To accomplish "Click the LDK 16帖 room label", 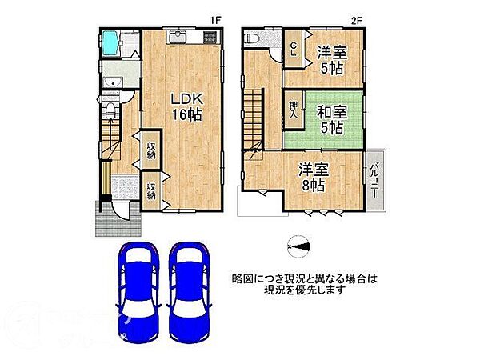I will [x=186, y=106].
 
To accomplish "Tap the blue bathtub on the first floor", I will [x=110, y=40].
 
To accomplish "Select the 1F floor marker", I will [x=215, y=19].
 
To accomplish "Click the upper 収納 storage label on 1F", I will [x=150, y=149].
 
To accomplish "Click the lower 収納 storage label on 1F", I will [x=150, y=191].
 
